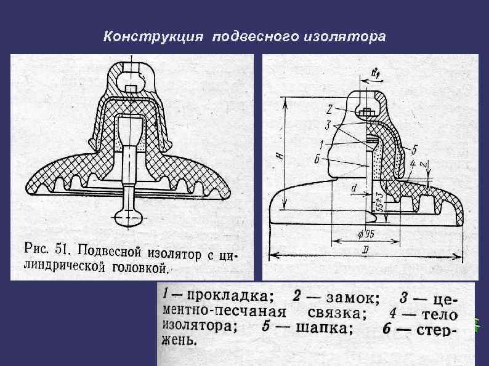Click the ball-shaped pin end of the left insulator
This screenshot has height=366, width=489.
point(130,216)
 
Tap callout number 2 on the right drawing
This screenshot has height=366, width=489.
point(329,109)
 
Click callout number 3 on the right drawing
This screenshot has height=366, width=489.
point(329,124)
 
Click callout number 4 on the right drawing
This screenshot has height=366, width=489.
point(412,164)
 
